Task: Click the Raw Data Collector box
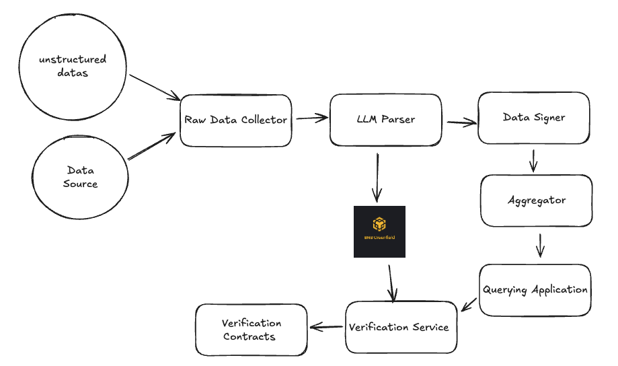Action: point(235,120)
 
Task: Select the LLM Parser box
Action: point(385,120)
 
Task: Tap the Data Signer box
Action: point(533,118)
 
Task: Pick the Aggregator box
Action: point(536,200)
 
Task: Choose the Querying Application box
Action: point(535,290)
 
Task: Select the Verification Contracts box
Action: point(251,330)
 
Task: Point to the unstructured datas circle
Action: point(73,66)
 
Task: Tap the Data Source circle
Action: point(81,178)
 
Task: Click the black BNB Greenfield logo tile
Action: point(379,231)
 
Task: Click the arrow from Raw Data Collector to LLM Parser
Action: point(311,118)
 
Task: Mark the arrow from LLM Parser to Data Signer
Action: point(461,122)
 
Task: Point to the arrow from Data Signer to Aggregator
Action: point(533,160)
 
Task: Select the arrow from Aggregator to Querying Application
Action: point(539,245)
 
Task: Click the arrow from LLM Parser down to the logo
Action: point(377,177)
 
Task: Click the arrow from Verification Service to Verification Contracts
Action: point(325,328)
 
